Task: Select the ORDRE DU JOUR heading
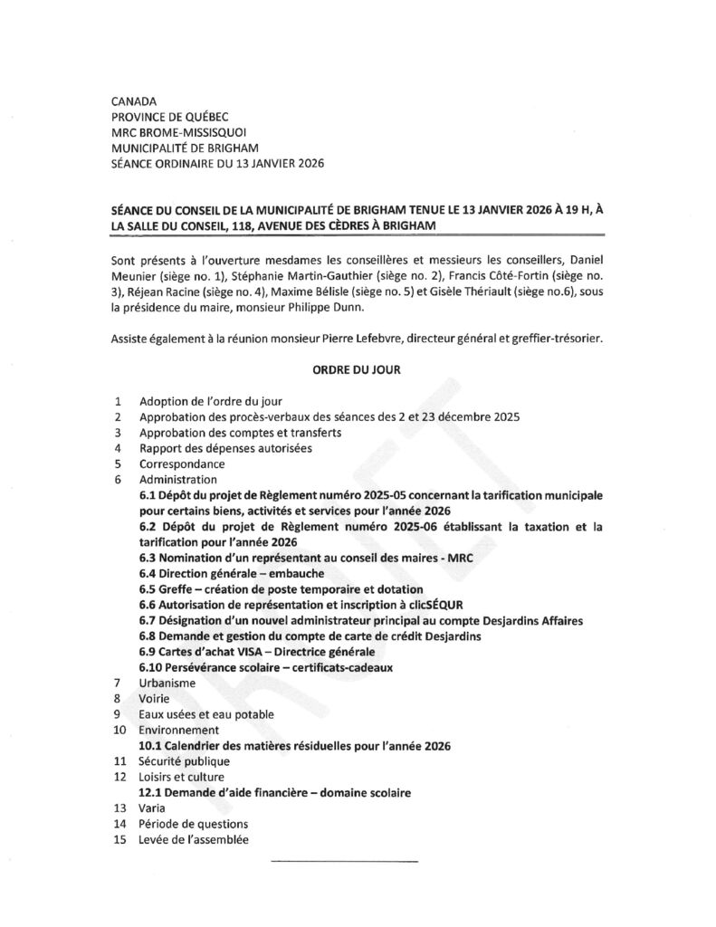pos(357,369)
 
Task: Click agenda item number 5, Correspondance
pos(182,463)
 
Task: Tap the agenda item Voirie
pos(155,698)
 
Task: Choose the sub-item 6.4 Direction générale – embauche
pos(231,573)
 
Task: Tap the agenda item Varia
pos(152,808)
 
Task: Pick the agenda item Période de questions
pos(193,824)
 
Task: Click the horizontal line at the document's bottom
pos(344,859)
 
